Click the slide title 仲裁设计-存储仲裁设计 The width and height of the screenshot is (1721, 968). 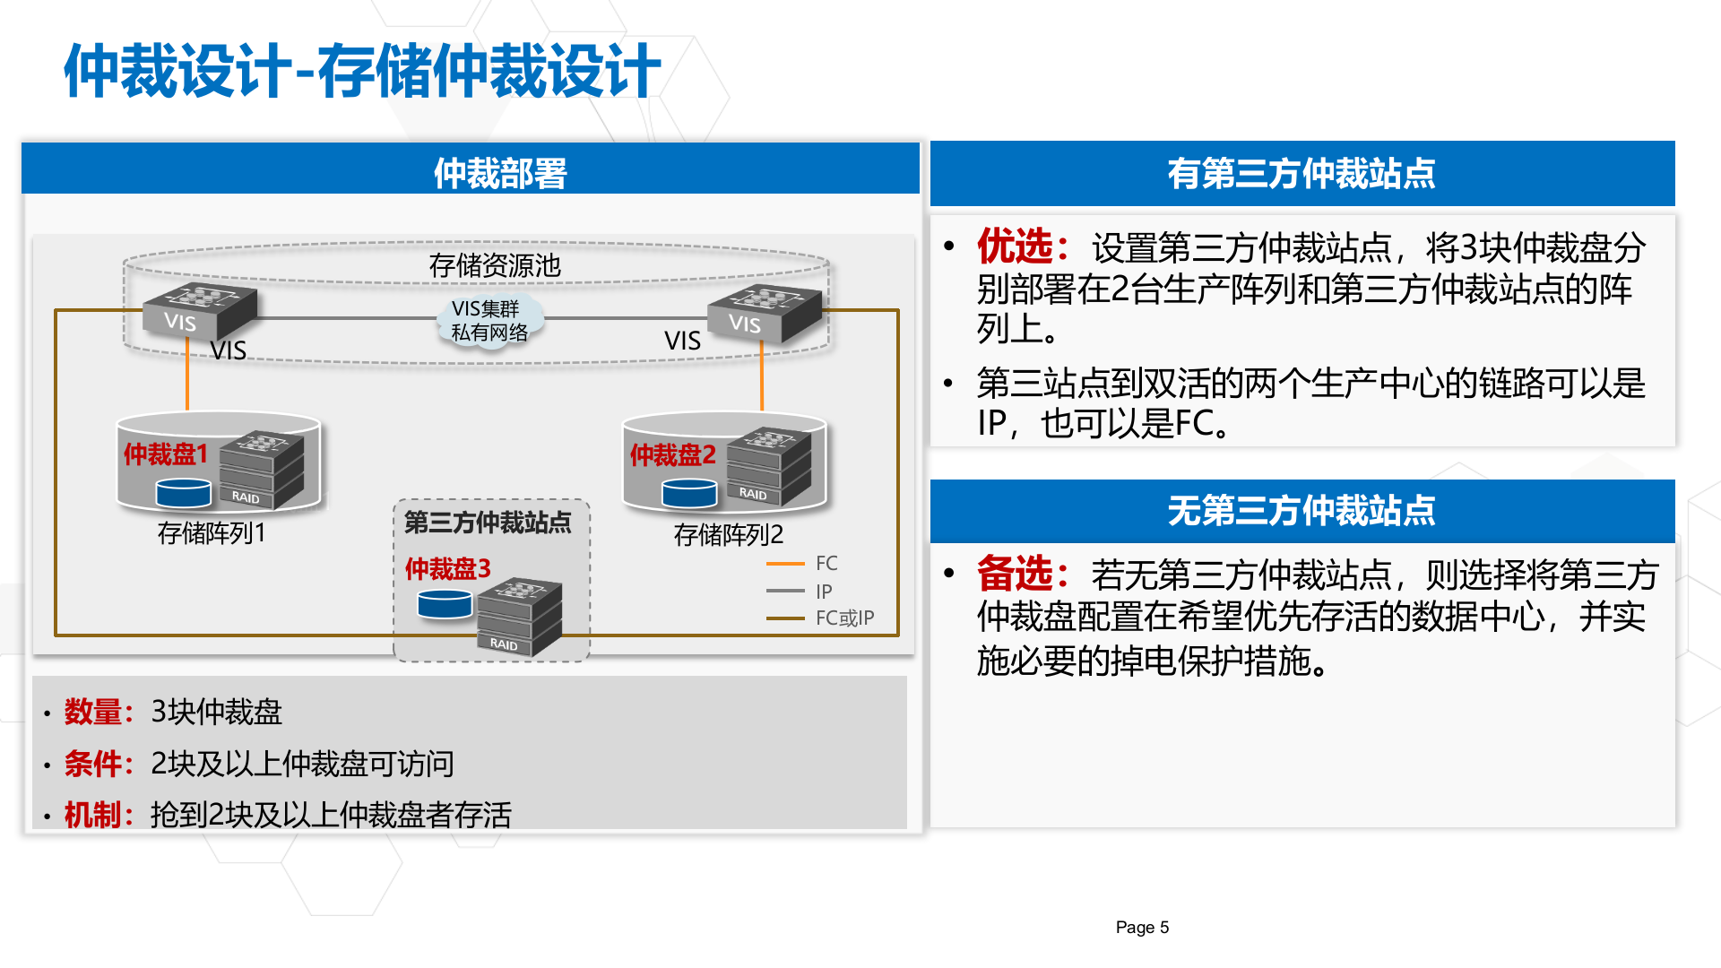coord(362,71)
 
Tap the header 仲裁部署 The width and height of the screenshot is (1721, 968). coord(500,173)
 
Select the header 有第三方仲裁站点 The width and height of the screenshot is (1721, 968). coord(1301,173)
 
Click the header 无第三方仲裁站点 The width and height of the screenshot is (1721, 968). coord(1301,511)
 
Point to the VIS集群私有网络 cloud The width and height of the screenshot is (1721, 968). coord(489,320)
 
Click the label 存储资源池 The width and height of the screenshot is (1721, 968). coord(494,265)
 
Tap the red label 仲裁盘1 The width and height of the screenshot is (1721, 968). coord(166,454)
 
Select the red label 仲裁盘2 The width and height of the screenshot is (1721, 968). coord(672,455)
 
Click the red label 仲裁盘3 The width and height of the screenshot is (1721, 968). coord(447,569)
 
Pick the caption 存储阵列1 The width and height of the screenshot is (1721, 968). coord(212,533)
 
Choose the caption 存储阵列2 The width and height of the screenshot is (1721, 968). coord(728,535)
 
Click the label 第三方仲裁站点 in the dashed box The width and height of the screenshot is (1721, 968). coord(488,523)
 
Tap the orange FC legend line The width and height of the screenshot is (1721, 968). coord(785,564)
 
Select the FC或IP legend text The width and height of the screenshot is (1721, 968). coord(844,618)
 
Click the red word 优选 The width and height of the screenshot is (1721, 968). coord(1015,246)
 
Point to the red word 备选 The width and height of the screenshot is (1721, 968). coord(1015,574)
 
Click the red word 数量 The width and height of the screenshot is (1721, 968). coord(92,712)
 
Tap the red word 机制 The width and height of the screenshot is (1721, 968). coord(92,815)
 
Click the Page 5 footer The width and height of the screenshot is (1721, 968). coord(1142,928)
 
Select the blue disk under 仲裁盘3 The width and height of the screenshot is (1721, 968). coord(445,605)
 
